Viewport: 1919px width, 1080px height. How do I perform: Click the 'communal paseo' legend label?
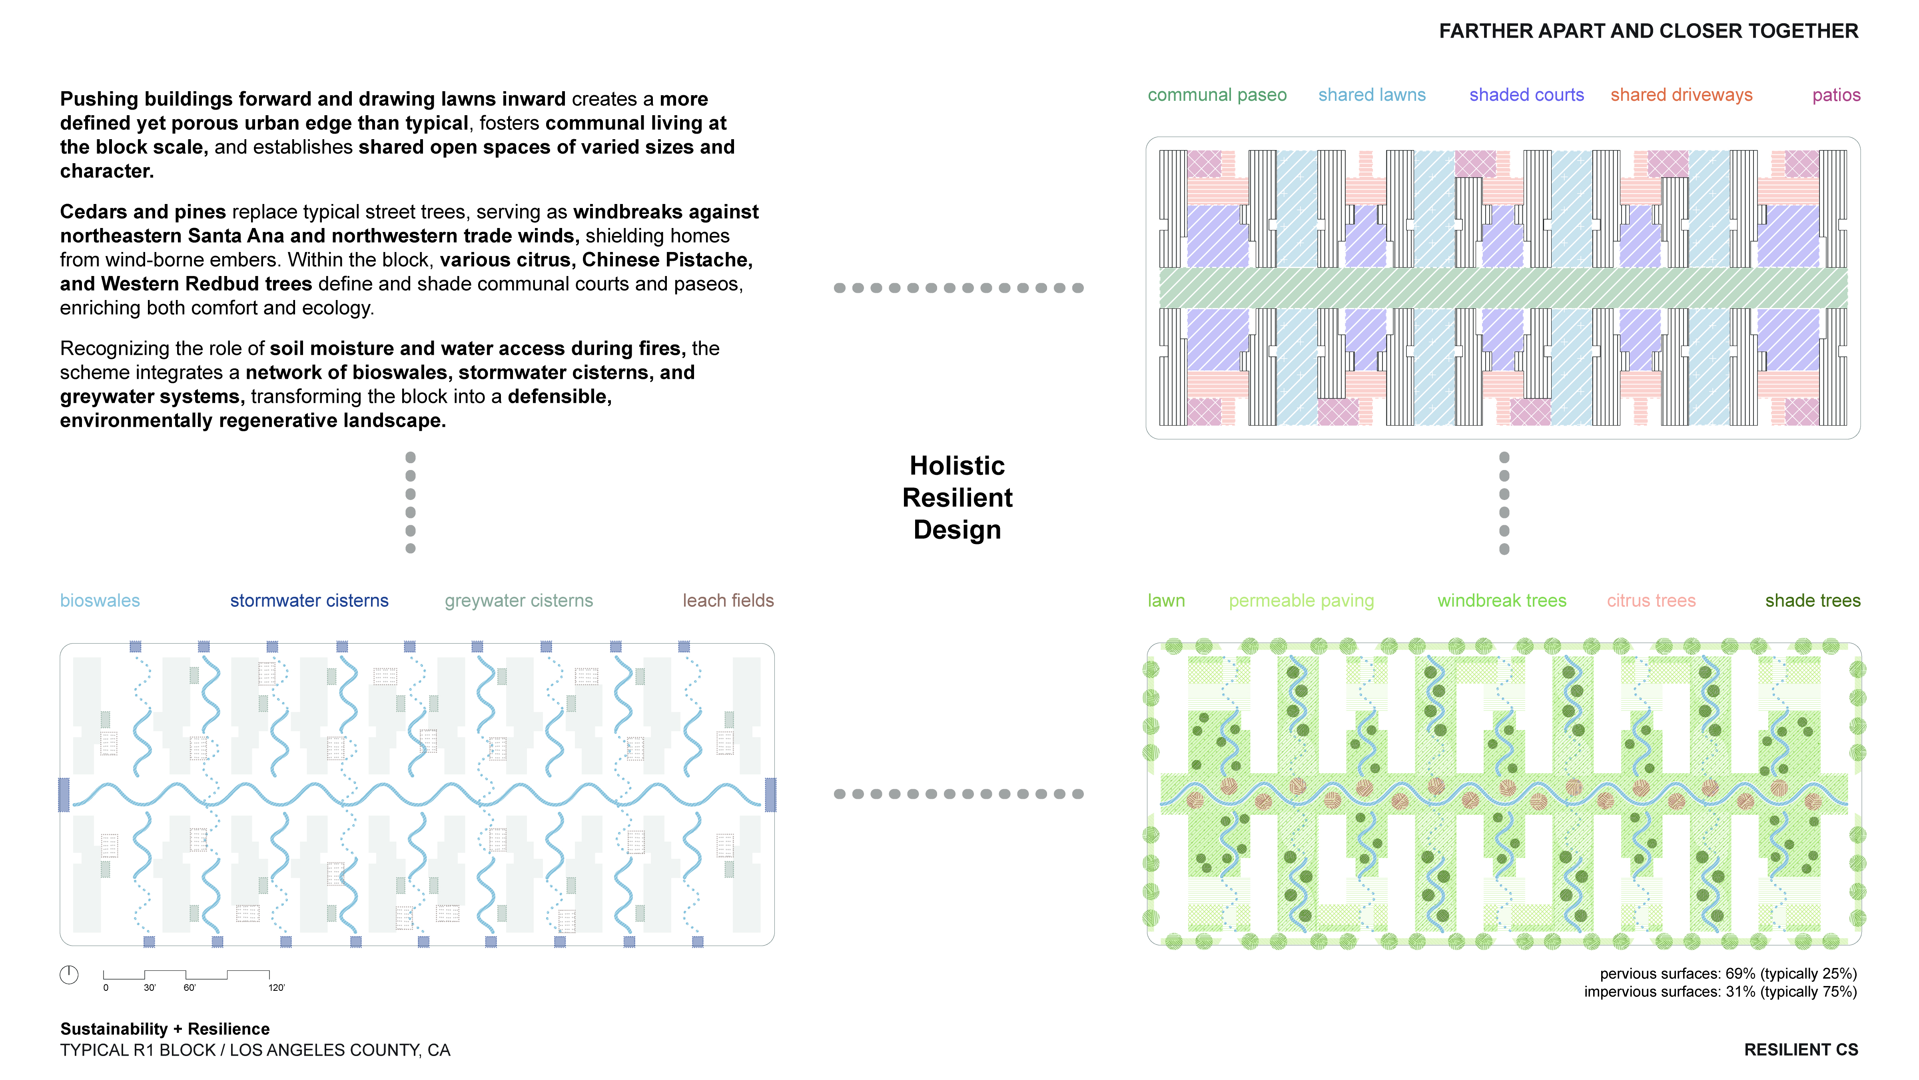click(1217, 96)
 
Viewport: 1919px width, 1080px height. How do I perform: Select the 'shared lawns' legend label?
click(1371, 96)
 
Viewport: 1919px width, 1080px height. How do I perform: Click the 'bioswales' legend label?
click(100, 601)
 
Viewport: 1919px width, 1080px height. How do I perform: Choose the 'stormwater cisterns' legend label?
click(309, 601)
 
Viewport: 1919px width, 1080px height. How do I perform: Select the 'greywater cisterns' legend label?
click(519, 601)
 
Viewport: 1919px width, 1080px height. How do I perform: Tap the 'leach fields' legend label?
click(728, 601)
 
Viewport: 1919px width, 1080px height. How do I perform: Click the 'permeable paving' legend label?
click(1301, 601)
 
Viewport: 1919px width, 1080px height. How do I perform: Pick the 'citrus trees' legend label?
click(1651, 601)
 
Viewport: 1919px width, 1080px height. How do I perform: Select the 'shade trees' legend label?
click(1813, 601)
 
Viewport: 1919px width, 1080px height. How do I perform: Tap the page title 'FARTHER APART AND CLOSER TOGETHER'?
click(1648, 31)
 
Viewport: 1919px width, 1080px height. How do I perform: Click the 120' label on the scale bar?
click(276, 988)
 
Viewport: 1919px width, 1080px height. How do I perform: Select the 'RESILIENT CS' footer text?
click(1801, 1050)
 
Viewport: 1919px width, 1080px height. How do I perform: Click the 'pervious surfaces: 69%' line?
click(1727, 974)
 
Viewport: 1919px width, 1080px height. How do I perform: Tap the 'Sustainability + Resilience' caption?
click(165, 1028)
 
